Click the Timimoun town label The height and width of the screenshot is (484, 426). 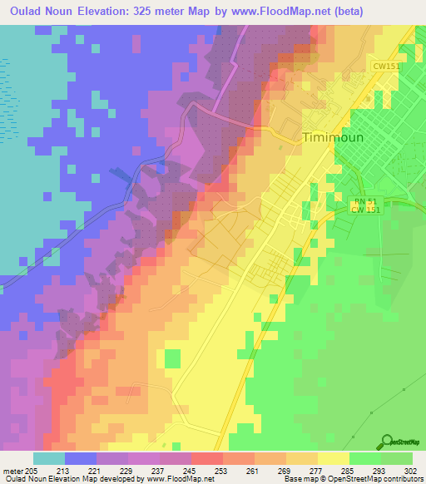333,138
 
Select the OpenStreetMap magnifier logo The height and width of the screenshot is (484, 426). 387,442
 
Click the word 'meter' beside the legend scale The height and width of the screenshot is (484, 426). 12,470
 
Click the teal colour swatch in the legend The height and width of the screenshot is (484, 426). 48,458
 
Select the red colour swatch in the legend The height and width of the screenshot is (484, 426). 206,458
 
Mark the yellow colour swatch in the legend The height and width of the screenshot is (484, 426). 333,458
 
